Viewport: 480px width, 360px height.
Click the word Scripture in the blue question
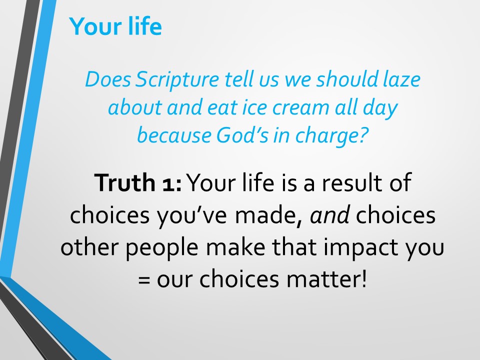177,80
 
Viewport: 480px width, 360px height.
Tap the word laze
401,79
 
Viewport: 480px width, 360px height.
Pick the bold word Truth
124,182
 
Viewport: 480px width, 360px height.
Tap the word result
352,182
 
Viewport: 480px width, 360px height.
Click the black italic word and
329,215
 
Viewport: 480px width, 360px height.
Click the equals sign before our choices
144,280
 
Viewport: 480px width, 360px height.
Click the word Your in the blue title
95,26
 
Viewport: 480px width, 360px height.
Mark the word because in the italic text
174,135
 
